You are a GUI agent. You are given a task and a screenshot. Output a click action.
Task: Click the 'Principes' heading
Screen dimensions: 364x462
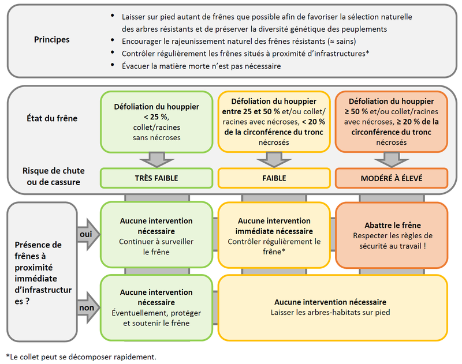52,40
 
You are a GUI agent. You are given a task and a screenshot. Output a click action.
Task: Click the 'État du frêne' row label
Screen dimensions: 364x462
51,118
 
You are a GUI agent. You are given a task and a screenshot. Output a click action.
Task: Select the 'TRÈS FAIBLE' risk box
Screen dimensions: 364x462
156,178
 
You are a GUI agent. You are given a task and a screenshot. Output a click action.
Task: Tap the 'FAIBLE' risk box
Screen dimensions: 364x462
274,178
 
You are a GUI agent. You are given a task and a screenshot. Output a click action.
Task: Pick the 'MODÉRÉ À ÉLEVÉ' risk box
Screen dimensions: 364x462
392,178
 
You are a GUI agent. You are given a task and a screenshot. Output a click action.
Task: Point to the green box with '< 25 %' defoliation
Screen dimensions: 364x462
156,122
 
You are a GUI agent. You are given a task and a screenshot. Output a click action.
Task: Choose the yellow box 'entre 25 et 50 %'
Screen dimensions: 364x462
274,122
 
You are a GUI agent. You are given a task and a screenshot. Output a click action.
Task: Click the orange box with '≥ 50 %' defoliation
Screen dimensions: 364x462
392,122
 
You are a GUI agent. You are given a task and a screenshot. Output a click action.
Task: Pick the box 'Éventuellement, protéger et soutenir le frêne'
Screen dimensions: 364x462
156,307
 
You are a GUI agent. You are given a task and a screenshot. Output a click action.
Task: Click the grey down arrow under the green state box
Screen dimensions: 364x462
156,160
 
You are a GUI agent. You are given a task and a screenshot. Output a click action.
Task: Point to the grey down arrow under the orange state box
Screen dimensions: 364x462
392,160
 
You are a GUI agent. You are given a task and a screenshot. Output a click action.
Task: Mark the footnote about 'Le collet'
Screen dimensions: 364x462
81,356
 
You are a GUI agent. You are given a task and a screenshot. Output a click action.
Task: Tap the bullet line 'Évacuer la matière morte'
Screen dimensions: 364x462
201,66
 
